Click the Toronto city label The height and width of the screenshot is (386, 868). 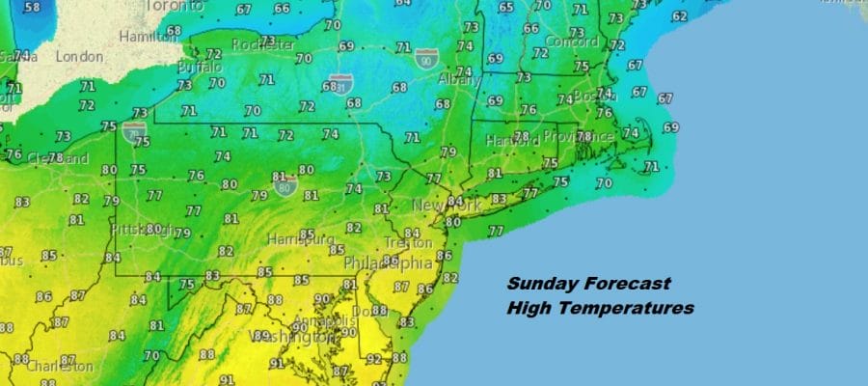click(173, 6)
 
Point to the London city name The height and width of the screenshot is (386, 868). click(79, 57)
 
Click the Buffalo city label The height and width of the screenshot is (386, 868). click(201, 68)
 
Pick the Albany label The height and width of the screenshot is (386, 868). click(462, 81)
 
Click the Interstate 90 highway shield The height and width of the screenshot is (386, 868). click(424, 59)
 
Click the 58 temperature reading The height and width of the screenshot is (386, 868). click(32, 8)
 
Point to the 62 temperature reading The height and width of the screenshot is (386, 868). click(680, 16)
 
